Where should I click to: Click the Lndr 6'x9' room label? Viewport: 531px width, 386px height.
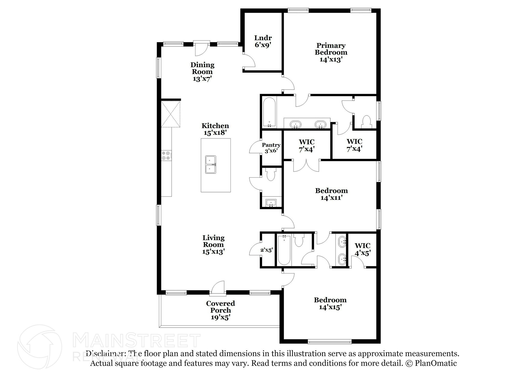tap(263, 41)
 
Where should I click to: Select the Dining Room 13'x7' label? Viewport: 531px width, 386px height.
tap(202, 72)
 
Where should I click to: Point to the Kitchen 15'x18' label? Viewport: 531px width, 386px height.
tap(215, 129)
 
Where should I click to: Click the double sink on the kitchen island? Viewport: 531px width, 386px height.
tap(211, 165)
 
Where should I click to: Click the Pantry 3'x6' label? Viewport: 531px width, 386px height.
tap(271, 148)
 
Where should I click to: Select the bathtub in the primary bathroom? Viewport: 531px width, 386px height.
tap(269, 113)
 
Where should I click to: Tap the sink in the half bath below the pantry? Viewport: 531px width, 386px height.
tap(271, 203)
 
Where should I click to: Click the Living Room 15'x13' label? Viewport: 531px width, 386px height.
tap(213, 245)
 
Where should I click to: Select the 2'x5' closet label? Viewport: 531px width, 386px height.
tap(267, 250)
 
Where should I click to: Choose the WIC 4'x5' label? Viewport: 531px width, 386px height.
tap(362, 249)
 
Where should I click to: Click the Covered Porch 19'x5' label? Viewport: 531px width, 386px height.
tap(220, 310)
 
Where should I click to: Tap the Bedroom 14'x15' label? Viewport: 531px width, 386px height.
tap(330, 304)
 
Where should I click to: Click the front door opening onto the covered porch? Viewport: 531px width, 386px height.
tap(218, 288)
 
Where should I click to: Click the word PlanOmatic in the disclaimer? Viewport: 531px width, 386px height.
tap(436, 363)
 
